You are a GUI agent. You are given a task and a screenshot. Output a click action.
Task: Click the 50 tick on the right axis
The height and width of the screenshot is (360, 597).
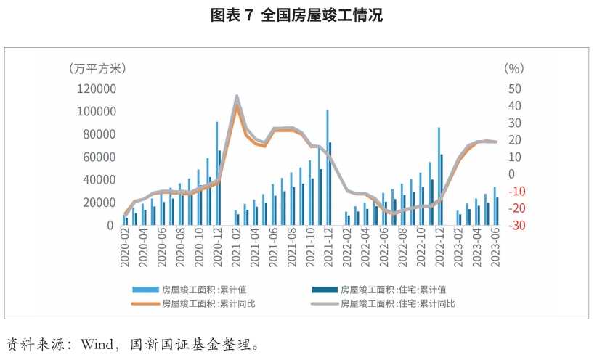[515, 89]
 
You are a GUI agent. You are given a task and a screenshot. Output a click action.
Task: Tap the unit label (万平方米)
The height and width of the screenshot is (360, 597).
[97, 68]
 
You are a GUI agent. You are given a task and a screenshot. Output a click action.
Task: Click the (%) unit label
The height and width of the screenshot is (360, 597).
[513, 68]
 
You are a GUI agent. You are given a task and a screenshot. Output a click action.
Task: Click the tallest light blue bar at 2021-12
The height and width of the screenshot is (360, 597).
[328, 168]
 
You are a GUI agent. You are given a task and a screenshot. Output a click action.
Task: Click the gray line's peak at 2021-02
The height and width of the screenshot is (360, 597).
[237, 96]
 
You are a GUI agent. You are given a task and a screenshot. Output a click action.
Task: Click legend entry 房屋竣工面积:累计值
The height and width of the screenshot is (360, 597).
[192, 289]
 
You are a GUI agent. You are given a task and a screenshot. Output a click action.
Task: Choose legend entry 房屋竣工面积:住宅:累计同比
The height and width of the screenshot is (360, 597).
[397, 303]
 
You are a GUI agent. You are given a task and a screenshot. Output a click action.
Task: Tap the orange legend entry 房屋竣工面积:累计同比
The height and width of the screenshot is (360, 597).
[192, 303]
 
